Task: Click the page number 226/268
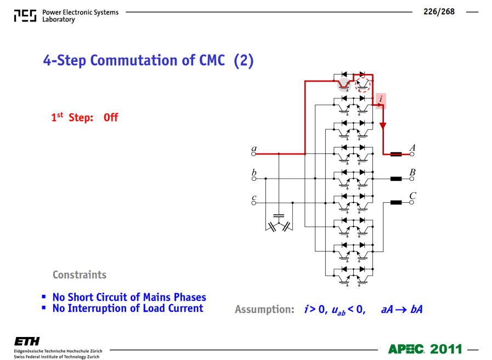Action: tap(439, 12)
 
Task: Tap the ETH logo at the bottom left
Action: tap(27, 341)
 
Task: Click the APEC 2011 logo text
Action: tap(425, 349)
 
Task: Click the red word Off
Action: tap(111, 117)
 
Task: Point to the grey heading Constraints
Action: tap(80, 275)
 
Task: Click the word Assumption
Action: tap(264, 309)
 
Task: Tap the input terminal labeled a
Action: tap(253, 154)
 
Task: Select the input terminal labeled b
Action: tap(253, 179)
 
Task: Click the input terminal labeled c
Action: tap(253, 203)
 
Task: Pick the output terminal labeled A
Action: tap(412, 154)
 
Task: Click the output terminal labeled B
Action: tap(412, 179)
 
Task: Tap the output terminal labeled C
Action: tap(412, 203)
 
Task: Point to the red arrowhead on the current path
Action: tap(383, 125)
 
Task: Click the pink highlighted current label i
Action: tap(381, 101)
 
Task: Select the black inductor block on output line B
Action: tap(396, 179)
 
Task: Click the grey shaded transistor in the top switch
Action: tap(344, 85)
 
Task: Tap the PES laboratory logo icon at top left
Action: tap(25, 16)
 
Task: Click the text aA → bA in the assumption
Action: tap(401, 310)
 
